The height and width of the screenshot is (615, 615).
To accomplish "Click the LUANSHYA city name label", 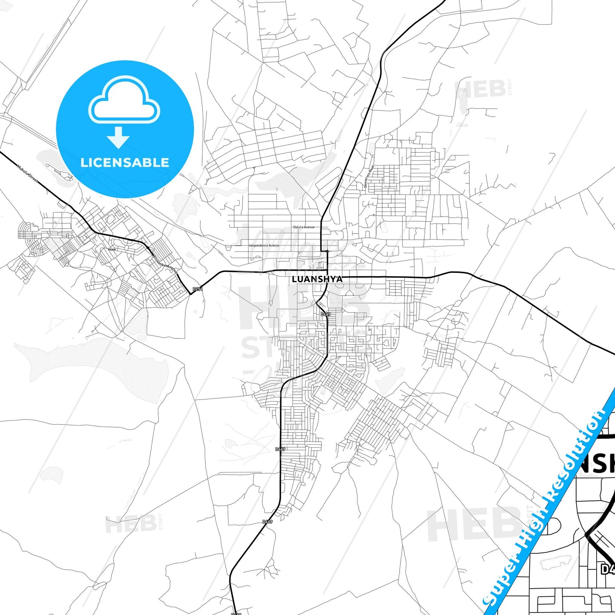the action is coord(317,279).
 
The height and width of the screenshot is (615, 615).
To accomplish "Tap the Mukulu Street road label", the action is coord(27,174).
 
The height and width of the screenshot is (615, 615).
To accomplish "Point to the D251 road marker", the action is coord(197,289).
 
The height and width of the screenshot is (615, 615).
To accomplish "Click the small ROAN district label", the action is coord(112,249).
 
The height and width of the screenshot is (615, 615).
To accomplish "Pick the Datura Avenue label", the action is coord(304,227).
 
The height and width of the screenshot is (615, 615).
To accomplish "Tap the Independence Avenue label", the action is coord(264,246).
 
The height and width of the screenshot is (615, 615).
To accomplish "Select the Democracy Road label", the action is coord(369,177).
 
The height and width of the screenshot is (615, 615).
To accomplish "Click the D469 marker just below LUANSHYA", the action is coord(325,314).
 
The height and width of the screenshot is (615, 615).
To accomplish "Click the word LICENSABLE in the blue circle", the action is coord(125,163).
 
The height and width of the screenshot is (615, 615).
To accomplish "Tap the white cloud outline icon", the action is coord(124,100).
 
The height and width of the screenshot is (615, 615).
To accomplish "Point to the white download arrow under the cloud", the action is coord(118,137).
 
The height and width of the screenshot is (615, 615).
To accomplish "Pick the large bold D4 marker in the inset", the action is coord(608,569).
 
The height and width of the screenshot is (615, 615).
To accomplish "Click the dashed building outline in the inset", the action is coord(554,563).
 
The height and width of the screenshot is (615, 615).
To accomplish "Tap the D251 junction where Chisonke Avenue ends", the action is coord(190,293).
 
